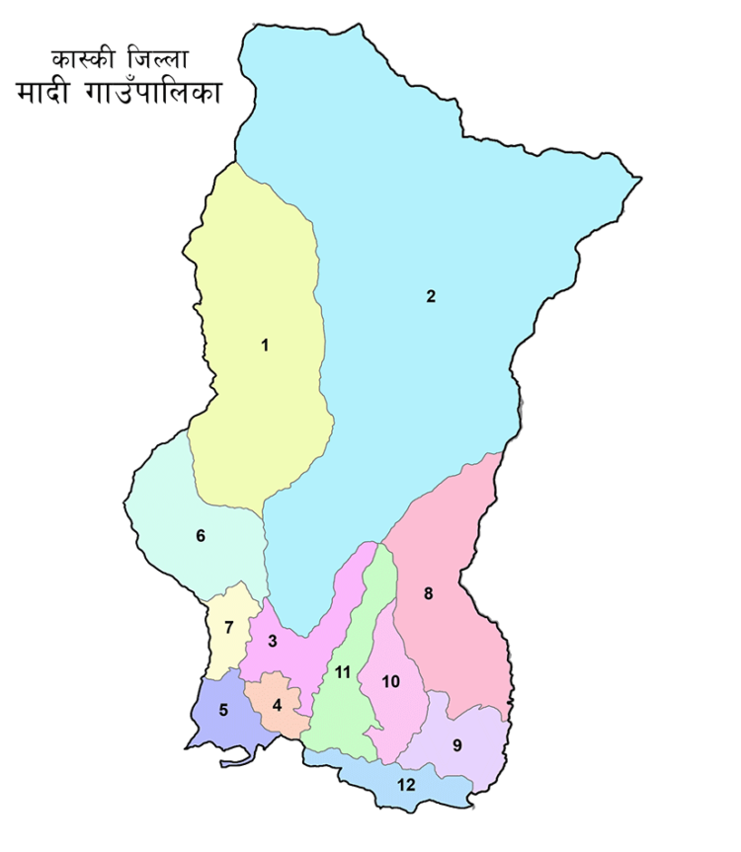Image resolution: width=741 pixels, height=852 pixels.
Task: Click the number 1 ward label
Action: tap(265, 345)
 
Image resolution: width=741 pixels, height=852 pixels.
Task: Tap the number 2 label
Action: tap(431, 296)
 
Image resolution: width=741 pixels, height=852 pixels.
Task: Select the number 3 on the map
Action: tap(273, 642)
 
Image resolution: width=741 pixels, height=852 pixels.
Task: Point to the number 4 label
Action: tap(278, 705)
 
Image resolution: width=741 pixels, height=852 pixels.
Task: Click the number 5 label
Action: tap(223, 709)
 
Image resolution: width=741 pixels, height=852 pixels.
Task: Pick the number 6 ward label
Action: tap(201, 536)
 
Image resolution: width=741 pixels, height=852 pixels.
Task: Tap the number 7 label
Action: tap(228, 627)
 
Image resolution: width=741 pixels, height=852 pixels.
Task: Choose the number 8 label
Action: tap(428, 593)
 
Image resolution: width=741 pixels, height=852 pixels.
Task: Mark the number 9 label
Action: tap(456, 745)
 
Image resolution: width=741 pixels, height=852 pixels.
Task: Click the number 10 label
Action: tap(390, 681)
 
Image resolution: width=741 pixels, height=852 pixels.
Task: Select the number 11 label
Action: tap(343, 672)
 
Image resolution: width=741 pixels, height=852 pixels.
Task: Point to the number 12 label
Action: tap(406, 785)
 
